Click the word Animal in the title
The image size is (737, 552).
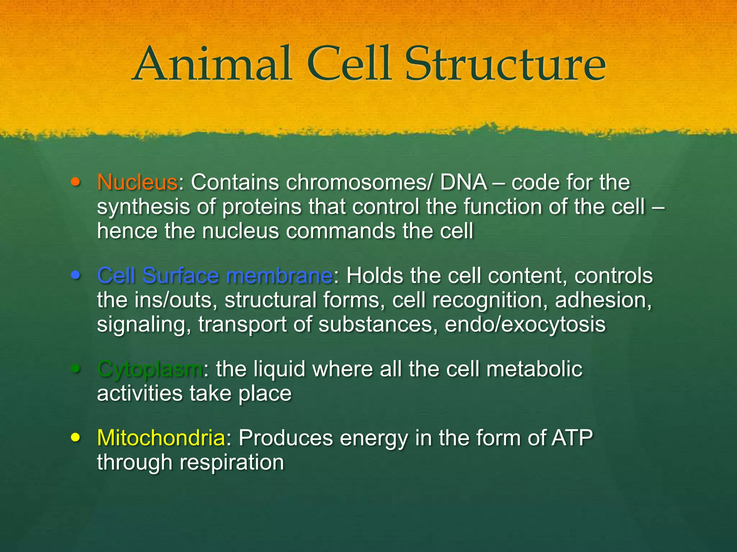(212, 65)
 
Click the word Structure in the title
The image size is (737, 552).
(506, 65)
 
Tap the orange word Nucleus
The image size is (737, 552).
(137, 182)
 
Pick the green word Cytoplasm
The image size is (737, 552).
(150, 369)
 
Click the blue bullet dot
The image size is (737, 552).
(75, 276)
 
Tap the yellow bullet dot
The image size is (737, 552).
(75, 438)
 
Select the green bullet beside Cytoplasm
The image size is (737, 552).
(75, 369)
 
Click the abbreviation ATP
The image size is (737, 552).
(572, 438)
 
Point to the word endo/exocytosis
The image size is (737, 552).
(525, 325)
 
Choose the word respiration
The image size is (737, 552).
(232, 462)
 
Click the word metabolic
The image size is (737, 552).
(534, 369)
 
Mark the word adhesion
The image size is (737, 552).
(603, 300)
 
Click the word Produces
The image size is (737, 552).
(286, 438)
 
